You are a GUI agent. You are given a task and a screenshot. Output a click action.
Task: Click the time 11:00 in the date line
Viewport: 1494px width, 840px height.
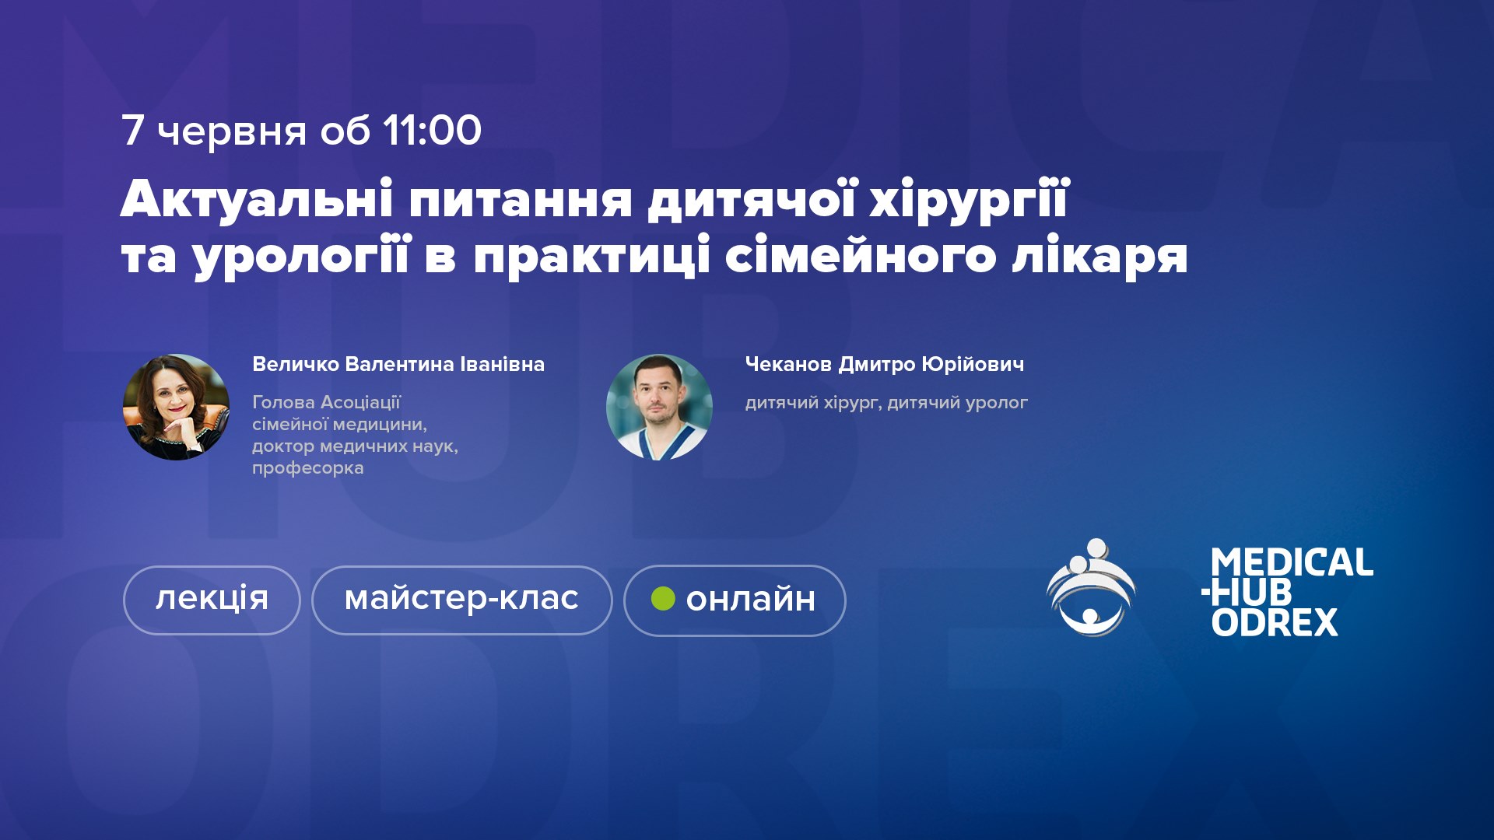click(x=432, y=130)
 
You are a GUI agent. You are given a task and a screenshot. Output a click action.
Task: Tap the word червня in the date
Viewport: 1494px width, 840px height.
click(x=232, y=132)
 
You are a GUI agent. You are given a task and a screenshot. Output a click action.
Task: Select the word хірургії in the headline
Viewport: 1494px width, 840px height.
click(x=969, y=201)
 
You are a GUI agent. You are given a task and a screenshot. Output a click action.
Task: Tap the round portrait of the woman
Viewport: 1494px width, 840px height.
click(x=176, y=407)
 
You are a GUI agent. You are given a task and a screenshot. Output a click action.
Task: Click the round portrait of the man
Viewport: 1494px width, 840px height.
click(x=659, y=407)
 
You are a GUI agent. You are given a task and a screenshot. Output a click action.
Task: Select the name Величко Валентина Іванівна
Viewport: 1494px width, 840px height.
click(x=398, y=364)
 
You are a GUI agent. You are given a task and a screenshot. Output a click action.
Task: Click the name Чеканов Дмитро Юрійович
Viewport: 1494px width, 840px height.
click(x=885, y=364)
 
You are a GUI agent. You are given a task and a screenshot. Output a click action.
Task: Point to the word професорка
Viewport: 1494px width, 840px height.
click(x=308, y=468)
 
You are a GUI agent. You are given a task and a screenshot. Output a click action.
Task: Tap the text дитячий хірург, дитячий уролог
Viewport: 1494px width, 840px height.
click(x=886, y=403)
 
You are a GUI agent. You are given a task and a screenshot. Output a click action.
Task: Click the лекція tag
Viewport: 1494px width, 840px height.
click(x=212, y=600)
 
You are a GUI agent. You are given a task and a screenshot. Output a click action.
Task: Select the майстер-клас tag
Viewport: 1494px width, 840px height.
click(x=462, y=600)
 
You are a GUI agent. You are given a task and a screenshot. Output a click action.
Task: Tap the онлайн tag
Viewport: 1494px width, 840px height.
click(x=735, y=600)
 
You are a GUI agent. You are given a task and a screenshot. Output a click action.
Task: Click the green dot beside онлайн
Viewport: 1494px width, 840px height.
click(x=663, y=598)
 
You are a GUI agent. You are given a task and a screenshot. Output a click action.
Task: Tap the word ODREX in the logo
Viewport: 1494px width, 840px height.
click(x=1275, y=622)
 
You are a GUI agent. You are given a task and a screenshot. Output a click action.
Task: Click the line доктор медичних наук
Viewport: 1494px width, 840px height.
click(x=355, y=446)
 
